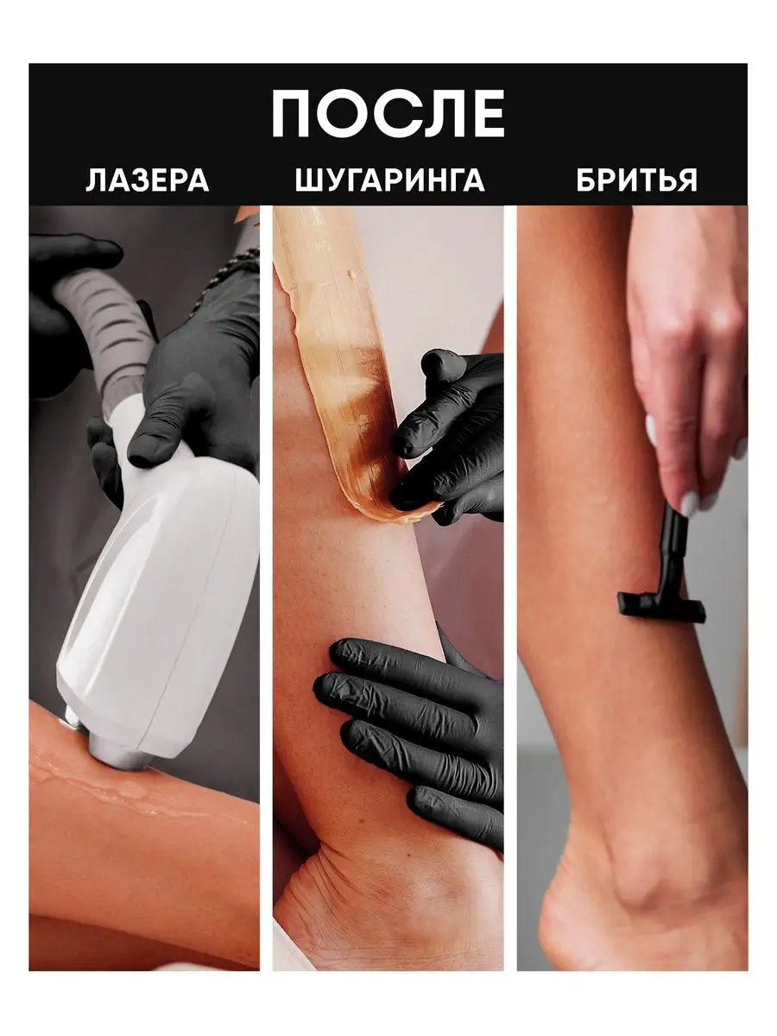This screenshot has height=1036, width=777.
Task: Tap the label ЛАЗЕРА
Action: (148, 180)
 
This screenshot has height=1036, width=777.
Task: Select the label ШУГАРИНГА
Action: (389, 180)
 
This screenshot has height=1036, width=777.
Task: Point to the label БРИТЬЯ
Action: (637, 180)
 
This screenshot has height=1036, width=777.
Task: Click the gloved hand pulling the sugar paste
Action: (448, 439)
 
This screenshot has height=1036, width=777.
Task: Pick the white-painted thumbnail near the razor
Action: (689, 504)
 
